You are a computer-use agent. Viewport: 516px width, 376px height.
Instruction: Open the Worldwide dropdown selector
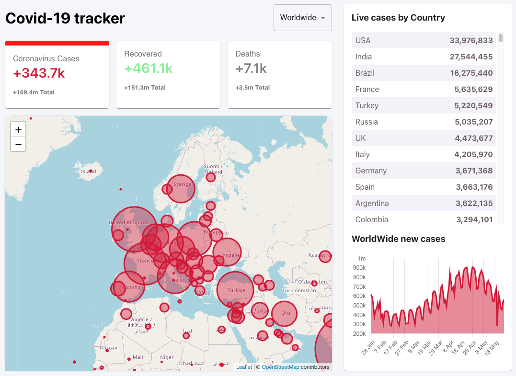tap(302, 18)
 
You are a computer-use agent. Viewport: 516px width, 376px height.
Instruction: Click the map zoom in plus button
tap(18, 130)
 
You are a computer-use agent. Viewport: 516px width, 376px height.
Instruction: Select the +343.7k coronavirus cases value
tap(39, 73)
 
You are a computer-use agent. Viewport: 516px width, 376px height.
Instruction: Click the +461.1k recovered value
tap(148, 68)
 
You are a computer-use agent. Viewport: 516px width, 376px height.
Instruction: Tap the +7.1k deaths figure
tap(251, 68)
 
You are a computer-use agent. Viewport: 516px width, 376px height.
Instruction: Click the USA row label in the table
tap(363, 41)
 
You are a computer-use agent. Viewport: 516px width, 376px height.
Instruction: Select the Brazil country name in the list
tap(365, 73)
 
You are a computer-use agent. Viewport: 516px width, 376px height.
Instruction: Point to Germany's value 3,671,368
tap(473, 171)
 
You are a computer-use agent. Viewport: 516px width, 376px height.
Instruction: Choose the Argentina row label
tap(372, 204)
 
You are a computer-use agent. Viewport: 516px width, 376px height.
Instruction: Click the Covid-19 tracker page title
tap(65, 18)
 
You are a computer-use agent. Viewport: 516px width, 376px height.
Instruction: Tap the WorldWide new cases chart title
tap(398, 239)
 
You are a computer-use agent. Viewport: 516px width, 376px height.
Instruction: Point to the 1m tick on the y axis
tap(361, 259)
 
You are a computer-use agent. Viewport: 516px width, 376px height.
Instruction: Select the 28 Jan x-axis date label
tap(368, 348)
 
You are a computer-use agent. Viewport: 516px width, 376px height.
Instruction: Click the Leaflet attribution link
tap(244, 367)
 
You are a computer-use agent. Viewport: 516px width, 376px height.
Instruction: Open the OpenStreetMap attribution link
tap(280, 367)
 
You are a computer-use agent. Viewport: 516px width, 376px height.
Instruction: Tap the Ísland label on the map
tap(89, 171)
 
